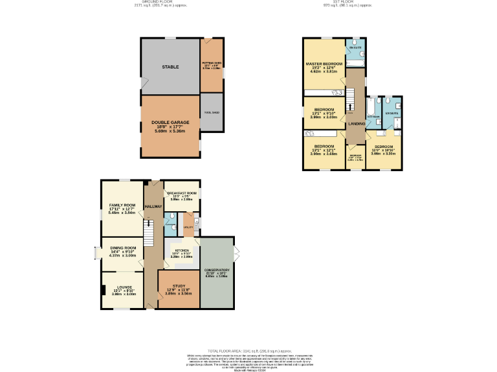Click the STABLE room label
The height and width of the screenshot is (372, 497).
[170, 67]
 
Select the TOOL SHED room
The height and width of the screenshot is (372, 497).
[211, 113]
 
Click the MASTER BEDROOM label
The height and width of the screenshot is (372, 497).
[324, 64]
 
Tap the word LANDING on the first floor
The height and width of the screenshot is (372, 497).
[356, 123]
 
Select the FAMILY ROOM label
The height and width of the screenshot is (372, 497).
[121, 205]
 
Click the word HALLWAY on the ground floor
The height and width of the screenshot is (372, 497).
[153, 207]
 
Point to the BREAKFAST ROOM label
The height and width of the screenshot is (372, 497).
[181, 193]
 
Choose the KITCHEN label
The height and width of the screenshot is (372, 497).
[182, 251]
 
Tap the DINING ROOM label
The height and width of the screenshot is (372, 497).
[122, 248]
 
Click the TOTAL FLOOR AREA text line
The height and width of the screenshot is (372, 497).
[248, 349]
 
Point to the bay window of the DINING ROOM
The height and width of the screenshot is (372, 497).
[96, 252]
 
